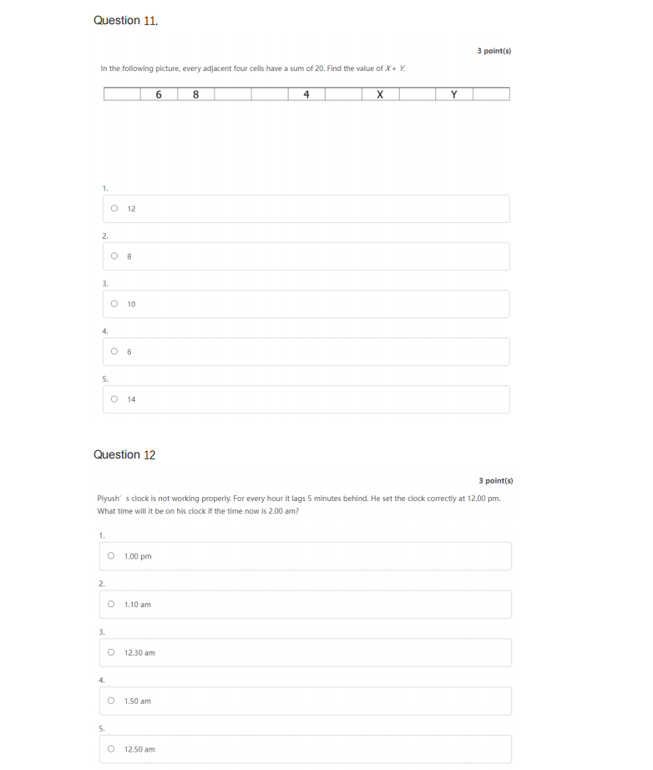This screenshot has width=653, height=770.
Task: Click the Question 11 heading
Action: point(125,20)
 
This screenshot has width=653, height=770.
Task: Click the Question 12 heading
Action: point(124,454)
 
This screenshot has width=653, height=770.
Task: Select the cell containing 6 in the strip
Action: point(159,94)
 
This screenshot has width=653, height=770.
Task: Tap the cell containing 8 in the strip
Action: point(195,94)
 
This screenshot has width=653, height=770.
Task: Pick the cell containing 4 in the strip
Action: point(306,94)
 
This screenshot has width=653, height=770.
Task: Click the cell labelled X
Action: point(380,94)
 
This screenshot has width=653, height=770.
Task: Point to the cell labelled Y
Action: point(453,94)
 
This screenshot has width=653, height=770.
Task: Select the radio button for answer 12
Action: point(114,209)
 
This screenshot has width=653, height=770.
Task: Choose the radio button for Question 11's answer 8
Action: point(114,256)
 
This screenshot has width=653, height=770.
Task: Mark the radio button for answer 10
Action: point(114,304)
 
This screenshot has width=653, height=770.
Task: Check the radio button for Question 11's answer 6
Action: point(114,352)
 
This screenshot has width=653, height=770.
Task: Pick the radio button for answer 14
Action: point(114,399)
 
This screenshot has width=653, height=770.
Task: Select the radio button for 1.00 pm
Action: point(110,556)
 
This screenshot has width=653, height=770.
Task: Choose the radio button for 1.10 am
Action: point(110,604)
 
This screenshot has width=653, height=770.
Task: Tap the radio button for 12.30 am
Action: point(110,652)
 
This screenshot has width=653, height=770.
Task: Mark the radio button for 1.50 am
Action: point(110,701)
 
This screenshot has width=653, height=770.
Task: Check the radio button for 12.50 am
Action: point(110,749)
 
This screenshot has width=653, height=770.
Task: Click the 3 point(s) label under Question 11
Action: point(494,51)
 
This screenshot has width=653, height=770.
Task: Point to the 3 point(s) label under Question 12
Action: point(496,480)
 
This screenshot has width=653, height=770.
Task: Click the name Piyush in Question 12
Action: point(108,499)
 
